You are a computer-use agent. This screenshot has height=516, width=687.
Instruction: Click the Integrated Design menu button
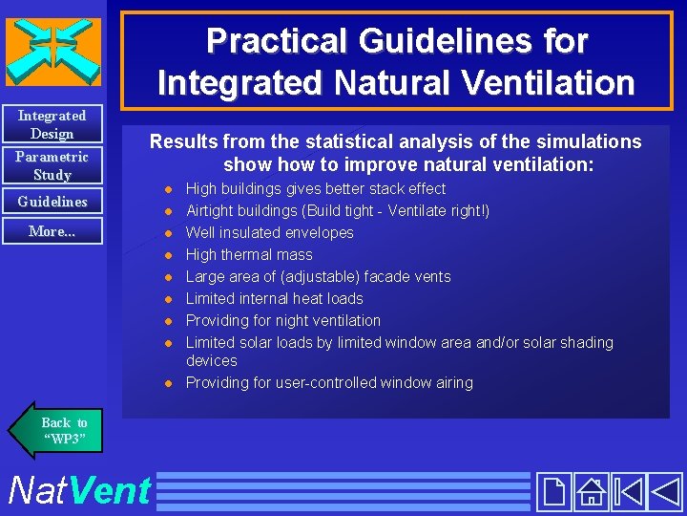(52, 125)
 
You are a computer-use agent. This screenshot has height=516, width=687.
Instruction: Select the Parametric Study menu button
(52, 166)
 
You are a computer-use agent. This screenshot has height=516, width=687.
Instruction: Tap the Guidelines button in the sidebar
(52, 202)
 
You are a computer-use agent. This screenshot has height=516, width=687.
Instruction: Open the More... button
(52, 231)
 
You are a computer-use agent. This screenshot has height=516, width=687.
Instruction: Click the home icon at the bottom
(592, 492)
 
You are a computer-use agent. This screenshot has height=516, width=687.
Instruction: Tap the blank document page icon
(552, 492)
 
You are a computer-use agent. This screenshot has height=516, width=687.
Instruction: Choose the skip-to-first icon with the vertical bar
(628, 492)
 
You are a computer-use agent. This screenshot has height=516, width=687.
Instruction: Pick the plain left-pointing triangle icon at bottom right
(665, 492)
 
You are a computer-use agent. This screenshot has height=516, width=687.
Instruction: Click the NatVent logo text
(79, 491)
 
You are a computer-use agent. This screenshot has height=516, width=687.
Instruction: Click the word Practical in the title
(276, 41)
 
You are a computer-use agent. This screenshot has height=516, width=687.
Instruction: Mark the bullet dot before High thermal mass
(167, 255)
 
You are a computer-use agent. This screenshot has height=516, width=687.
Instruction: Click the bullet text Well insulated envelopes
(269, 233)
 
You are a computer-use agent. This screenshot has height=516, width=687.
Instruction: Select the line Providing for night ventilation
(282, 321)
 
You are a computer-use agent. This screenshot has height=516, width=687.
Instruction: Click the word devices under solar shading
(211, 361)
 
